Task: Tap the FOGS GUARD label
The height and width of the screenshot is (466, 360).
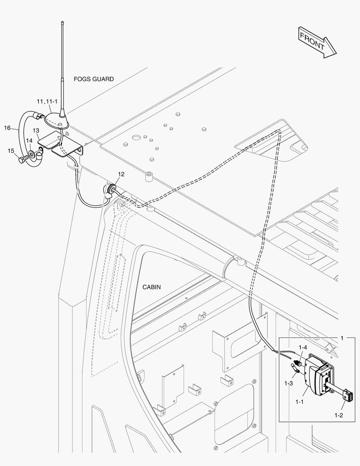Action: pos(94,79)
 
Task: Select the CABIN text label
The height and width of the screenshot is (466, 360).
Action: pos(151,287)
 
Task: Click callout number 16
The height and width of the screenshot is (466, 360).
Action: pos(7,128)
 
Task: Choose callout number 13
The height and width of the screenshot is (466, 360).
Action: pos(36,130)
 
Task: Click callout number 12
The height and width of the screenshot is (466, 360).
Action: pos(121,174)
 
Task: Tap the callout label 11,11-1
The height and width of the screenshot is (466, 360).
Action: pos(47,101)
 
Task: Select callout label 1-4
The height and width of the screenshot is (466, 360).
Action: pos(303,347)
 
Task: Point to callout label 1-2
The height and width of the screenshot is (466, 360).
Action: pos(338,415)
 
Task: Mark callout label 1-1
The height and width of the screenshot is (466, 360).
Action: pos(300,401)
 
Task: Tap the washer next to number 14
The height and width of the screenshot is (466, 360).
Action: pos(32,154)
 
